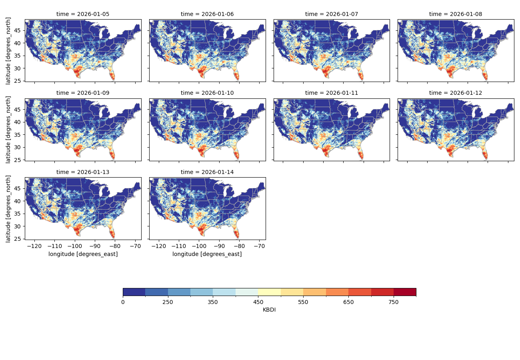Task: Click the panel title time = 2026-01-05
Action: tap(83, 14)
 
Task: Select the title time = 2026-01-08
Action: tap(456, 14)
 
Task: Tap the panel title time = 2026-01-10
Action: tap(207, 93)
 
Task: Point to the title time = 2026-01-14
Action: tap(207, 172)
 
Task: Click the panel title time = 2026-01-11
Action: tap(332, 93)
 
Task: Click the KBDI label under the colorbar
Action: tap(269, 310)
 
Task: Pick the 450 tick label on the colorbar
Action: tap(258, 302)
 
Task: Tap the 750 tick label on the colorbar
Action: tap(394, 302)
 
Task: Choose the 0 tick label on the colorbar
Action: tap(123, 302)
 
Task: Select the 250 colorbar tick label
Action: tap(168, 302)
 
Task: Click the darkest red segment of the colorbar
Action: tap(405, 292)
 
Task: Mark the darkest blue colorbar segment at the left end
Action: tap(134, 292)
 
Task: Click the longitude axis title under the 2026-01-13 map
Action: tap(83, 254)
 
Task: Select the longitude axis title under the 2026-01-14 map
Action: tap(207, 254)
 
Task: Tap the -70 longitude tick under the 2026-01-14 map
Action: tap(260, 246)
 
